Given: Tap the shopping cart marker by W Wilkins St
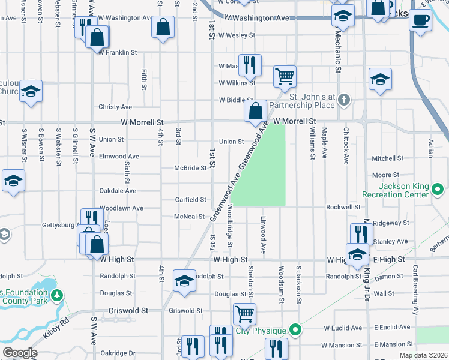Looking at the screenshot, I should click(285, 76).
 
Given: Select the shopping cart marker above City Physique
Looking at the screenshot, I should click(244, 314).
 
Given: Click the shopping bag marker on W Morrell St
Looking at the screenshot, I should click(256, 111).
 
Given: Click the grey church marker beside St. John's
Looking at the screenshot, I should click(343, 100).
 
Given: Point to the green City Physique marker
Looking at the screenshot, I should click(295, 330).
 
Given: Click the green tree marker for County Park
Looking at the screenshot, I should click(56, 296).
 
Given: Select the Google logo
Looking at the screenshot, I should click(19, 353).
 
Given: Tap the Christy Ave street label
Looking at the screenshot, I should click(115, 107).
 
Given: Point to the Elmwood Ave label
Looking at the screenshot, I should click(119, 157).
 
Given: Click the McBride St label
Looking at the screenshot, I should click(190, 168).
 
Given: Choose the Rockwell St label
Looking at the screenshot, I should click(343, 207).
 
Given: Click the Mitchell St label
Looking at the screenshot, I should click(387, 159).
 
